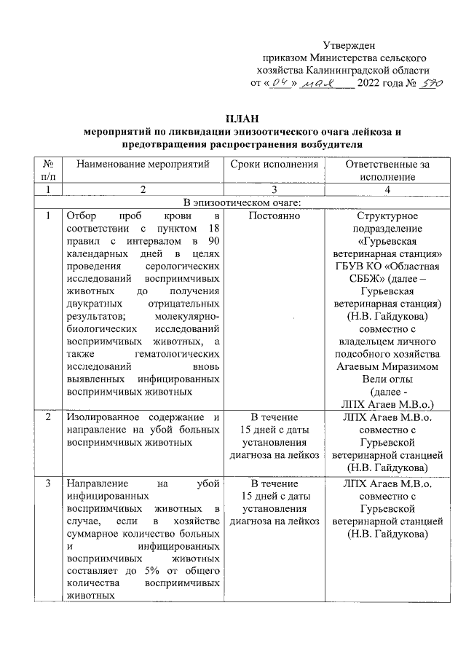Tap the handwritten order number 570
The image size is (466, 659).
(x=429, y=84)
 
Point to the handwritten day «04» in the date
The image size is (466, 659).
(x=279, y=84)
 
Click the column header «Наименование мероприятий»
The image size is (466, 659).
(x=143, y=165)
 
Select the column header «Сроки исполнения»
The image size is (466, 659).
(x=275, y=165)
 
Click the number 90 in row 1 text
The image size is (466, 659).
(x=212, y=242)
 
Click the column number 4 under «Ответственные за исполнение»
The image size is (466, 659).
(x=387, y=189)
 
